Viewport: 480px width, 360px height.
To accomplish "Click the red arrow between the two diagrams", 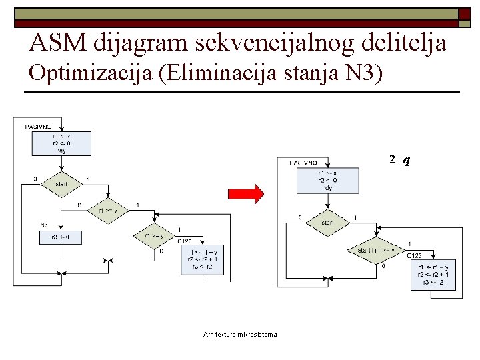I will pyautogui.click(x=246, y=193).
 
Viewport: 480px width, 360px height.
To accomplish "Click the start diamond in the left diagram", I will pyautogui.click(x=61, y=183).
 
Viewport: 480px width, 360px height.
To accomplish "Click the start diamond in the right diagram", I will pyautogui.click(x=327, y=223).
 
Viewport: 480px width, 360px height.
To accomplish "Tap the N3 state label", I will pyautogui.click(x=43, y=225).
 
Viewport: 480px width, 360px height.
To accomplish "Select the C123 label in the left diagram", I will pyautogui.click(x=185, y=241).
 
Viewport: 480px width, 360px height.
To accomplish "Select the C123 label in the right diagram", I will pyautogui.click(x=414, y=255).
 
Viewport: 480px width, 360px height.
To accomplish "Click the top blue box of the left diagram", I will pyautogui.click(x=61, y=143).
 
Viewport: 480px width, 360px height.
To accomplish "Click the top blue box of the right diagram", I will pyautogui.click(x=327, y=180).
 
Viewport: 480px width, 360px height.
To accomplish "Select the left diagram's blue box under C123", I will pyautogui.click(x=202, y=259).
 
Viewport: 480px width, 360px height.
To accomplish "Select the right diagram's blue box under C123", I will pyautogui.click(x=433, y=274).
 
